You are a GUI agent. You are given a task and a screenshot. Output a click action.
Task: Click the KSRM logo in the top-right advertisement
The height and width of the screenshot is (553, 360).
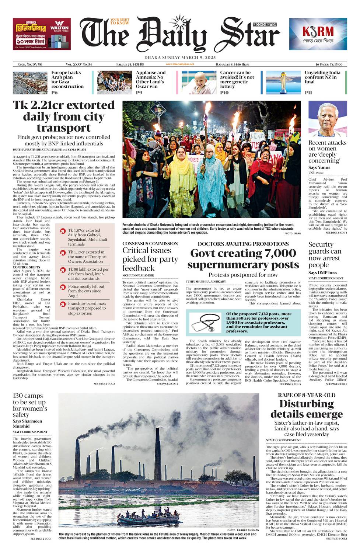pyautogui.click(x=318, y=31)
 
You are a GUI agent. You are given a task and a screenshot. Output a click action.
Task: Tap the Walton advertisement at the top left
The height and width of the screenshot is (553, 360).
pyautogui.click(x=41, y=34)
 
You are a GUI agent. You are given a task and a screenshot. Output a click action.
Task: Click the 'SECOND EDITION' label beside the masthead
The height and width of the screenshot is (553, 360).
pyautogui.click(x=265, y=25)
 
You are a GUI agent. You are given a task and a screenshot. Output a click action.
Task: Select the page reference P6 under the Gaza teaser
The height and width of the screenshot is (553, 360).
pyautogui.click(x=54, y=93)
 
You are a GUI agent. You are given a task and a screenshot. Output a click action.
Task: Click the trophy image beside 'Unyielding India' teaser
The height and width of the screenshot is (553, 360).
pyautogui.click(x=283, y=82)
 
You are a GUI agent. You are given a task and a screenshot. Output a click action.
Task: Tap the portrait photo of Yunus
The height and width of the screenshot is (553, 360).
pyautogui.click(x=328, y=119)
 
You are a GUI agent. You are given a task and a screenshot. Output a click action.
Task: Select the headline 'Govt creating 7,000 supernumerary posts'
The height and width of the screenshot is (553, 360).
pyautogui.click(x=243, y=259)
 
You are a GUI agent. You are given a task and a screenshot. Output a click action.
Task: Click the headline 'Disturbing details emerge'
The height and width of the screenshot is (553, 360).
pyautogui.click(x=306, y=408)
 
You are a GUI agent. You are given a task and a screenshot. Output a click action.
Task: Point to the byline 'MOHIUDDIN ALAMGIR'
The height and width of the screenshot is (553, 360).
pyautogui.click(x=138, y=275)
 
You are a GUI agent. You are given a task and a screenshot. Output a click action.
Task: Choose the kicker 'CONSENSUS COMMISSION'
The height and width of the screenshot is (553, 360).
pyautogui.click(x=150, y=244)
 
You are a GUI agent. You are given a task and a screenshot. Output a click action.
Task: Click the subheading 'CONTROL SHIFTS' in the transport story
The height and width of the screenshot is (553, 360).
pyautogui.click(x=27, y=267)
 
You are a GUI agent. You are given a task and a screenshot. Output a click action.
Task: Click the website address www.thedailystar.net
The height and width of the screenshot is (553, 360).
pyautogui.click(x=180, y=64)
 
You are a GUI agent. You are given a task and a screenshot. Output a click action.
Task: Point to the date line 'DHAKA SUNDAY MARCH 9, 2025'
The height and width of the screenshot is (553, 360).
pyautogui.click(x=180, y=58)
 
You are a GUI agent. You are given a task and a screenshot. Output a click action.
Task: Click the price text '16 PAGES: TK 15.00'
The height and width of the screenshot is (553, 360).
pyautogui.click(x=326, y=64)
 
